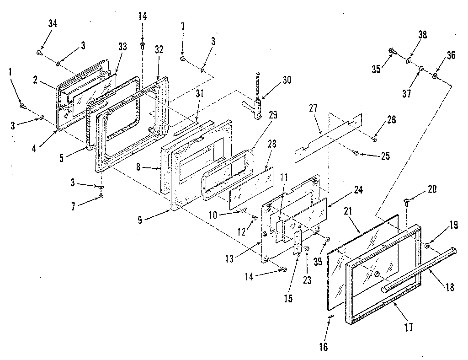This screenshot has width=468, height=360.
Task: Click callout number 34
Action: (x=53, y=24)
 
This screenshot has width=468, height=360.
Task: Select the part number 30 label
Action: (x=286, y=79)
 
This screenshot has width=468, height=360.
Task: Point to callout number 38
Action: (x=423, y=34)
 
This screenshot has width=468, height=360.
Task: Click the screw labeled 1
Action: (x=23, y=106)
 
